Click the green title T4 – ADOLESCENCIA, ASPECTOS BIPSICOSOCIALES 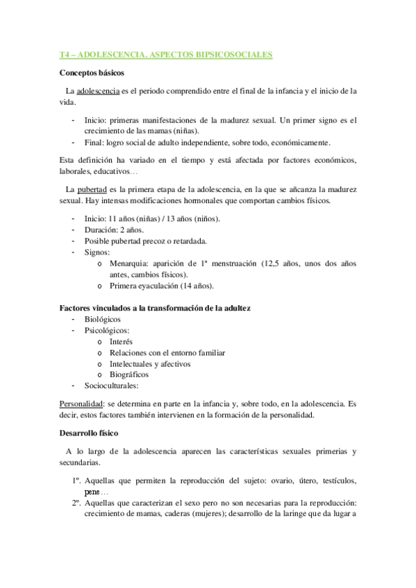pos(166,53)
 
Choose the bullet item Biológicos pos(102,319)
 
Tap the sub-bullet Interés pos(121,341)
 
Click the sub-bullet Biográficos pos(129,374)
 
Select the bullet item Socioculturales pos(111,386)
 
